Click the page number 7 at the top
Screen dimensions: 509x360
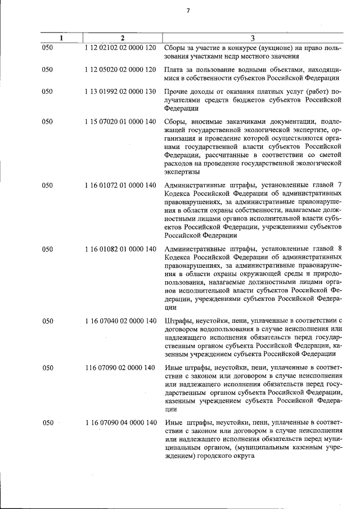pos(189,10)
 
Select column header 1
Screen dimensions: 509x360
pos(61,38)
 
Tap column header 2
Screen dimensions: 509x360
pos(121,38)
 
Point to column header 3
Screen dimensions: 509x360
pos(253,38)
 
